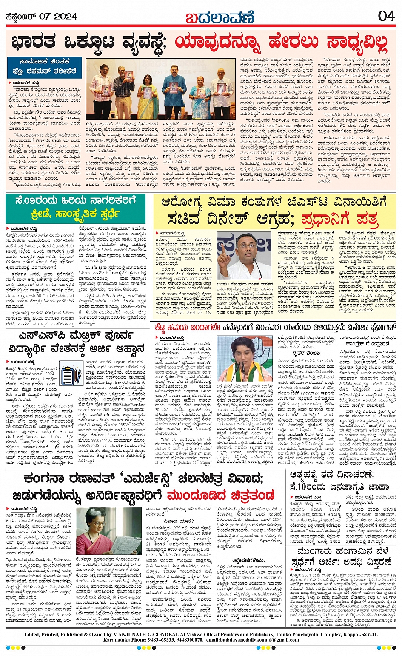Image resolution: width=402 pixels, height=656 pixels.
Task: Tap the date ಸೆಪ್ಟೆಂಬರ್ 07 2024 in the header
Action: tap(41, 17)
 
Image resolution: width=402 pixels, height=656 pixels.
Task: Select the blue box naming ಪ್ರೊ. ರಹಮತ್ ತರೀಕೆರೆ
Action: tap(44, 67)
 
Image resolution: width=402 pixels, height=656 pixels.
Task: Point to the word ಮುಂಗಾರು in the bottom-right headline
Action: tap(315, 553)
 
